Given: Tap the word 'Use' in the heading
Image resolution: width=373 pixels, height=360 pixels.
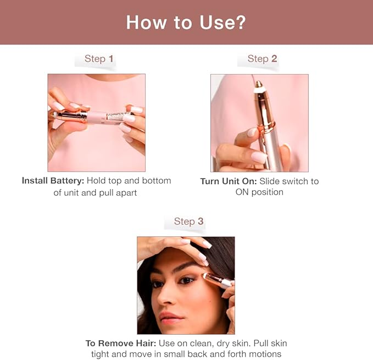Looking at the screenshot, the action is click(217, 23).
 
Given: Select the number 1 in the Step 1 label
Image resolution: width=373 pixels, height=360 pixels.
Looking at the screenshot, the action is click(111, 58).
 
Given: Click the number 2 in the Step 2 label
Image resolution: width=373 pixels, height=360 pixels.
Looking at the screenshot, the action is click(274, 58).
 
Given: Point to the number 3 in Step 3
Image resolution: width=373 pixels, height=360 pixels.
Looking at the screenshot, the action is click(201, 221).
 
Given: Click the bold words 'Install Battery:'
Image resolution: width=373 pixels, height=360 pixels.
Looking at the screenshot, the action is click(53, 181).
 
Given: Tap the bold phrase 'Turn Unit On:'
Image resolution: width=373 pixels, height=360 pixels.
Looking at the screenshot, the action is click(229, 181).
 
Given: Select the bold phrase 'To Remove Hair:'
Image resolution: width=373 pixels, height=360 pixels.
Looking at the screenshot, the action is click(121, 344).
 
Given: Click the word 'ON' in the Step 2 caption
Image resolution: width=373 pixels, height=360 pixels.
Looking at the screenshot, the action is click(242, 192).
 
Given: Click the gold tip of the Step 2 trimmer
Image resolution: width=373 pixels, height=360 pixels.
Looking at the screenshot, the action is click(259, 84).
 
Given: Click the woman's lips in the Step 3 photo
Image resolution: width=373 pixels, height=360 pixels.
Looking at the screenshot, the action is click(171, 318).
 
